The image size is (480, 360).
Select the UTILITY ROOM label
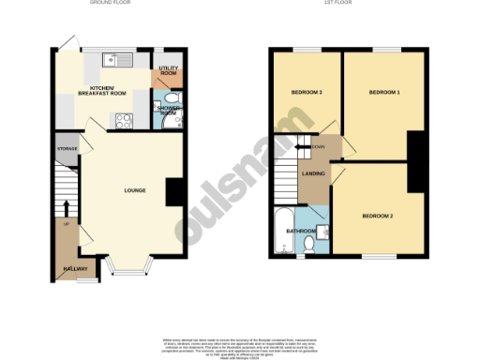[x=169, y=70]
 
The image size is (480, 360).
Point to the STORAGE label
[x=66, y=149]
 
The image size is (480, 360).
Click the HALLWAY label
[x=73, y=269]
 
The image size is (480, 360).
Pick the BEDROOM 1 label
[x=383, y=92]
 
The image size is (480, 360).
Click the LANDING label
[x=312, y=173]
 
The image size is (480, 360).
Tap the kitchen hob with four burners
[x=122, y=119]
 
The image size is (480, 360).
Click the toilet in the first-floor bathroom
[x=309, y=246]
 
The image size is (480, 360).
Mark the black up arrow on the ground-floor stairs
[x=67, y=207]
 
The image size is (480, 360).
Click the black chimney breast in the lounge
[x=173, y=191]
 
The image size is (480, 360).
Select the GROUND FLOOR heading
[x=108, y=4]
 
